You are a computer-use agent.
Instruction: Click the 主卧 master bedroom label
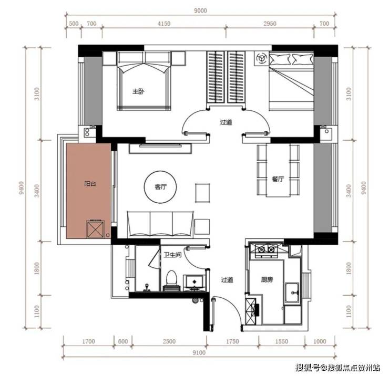138,91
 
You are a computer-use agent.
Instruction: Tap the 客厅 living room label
160,187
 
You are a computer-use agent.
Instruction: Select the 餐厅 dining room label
278,179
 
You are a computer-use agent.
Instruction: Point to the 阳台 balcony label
90,184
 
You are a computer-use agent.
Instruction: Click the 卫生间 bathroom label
172,255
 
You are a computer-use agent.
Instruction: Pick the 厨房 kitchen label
267,280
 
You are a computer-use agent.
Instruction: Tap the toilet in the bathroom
171,281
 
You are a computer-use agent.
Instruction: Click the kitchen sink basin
292,293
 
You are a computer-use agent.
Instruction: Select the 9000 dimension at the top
200,11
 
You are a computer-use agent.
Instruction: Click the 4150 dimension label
164,24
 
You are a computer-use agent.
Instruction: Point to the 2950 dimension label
270,24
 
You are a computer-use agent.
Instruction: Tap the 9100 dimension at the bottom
199,352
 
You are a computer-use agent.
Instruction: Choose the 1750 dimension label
232,341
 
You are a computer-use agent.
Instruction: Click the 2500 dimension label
169,341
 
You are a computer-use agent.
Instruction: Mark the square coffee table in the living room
202,193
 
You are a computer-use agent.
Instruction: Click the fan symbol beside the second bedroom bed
261,59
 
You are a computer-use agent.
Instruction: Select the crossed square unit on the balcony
95,229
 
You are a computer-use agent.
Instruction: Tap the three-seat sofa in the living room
160,224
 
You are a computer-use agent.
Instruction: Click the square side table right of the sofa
202,226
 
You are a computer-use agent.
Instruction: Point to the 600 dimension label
123,341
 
